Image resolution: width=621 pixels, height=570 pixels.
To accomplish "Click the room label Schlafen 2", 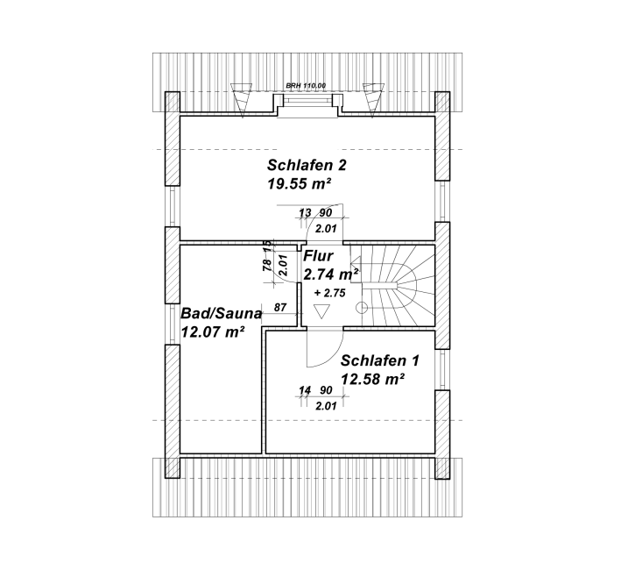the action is (307, 165).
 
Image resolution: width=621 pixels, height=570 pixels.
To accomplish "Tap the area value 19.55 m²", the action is (299, 184).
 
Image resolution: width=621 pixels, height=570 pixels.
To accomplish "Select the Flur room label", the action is (318, 256).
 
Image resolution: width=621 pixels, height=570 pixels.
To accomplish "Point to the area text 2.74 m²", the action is (331, 274).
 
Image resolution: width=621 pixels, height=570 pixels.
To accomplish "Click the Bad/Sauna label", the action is (222, 314).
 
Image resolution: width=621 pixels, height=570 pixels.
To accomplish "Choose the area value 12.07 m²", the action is (212, 331).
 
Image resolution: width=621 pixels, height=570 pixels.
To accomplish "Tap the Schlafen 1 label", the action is (380, 361).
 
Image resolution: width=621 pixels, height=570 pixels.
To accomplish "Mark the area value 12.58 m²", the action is (372, 380).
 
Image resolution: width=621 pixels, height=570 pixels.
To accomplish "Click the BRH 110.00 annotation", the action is (306, 85).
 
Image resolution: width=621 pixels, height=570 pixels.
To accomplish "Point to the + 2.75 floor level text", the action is (329, 293).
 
